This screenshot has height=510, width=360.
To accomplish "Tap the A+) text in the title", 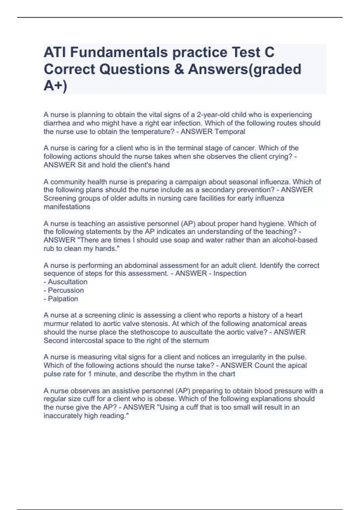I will (x=55, y=86).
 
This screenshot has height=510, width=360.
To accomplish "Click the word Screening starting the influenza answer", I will (x=60, y=198).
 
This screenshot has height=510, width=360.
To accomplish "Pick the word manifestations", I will (x=67, y=207).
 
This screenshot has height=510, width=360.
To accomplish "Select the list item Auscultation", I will (x=67, y=282).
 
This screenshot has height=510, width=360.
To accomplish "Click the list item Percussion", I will (x=66, y=290).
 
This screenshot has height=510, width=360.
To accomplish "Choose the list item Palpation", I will (x=63, y=298).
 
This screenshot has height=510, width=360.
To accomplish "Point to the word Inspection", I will (x=230, y=273).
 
